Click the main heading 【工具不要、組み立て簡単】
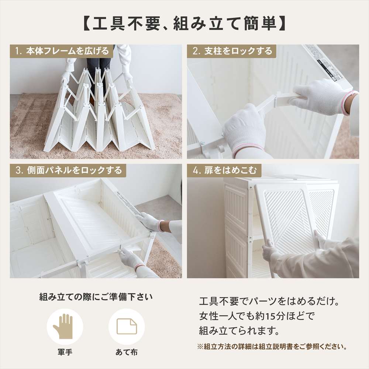[x=184, y=24]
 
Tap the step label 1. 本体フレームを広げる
[x=62, y=51]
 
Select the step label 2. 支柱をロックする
[x=232, y=51]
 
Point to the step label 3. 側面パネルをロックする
[x=69, y=170]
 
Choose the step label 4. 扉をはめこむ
[x=224, y=170]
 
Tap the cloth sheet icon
[x=127, y=327]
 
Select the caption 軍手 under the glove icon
[x=65, y=352]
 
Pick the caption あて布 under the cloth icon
[x=127, y=352]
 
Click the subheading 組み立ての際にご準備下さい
[x=96, y=297]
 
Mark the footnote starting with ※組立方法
[x=272, y=346]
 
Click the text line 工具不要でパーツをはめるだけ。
[x=269, y=301]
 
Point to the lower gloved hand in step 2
[x=245, y=131]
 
